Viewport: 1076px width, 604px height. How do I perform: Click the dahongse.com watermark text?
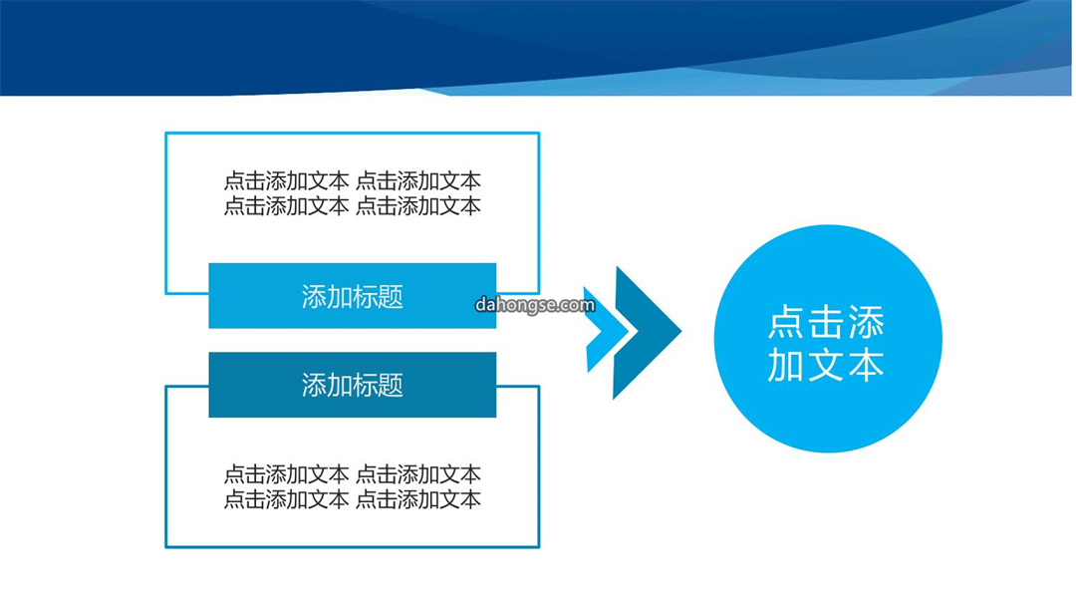[535, 304]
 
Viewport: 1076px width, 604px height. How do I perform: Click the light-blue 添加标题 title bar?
[352, 296]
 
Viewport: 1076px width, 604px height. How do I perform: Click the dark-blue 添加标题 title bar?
[352, 385]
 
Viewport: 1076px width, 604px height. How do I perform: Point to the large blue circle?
[828, 338]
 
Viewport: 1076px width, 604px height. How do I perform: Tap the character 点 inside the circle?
[787, 322]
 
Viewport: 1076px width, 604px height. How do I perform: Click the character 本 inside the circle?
[866, 365]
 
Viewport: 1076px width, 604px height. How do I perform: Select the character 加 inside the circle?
[786, 365]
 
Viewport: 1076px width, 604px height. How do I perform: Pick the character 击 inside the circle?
[826, 322]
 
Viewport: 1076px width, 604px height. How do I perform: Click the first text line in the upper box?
[352, 181]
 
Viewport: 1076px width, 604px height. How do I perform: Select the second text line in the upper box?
[352, 206]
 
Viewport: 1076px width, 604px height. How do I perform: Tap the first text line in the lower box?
[352, 474]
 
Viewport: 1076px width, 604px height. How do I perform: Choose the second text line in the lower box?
[352, 499]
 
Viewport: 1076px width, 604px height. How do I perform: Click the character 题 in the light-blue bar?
[391, 296]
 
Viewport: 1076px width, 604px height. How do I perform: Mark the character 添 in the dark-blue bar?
[314, 385]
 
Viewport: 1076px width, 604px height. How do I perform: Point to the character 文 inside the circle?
[826, 365]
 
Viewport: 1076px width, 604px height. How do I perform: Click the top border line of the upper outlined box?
[352, 134]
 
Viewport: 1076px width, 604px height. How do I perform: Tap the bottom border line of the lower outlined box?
[352, 547]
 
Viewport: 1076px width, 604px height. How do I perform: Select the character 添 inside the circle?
[866, 322]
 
